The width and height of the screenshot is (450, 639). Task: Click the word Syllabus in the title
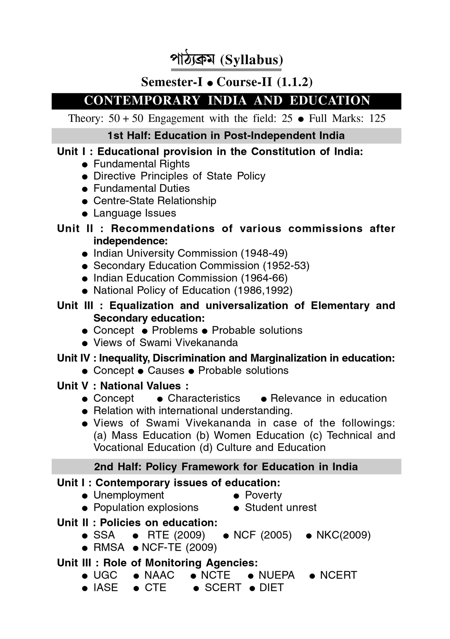click(x=251, y=60)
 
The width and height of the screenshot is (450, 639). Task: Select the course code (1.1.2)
click(x=295, y=82)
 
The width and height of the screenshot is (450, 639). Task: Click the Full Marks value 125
click(x=377, y=118)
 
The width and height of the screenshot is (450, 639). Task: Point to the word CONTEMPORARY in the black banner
click(x=142, y=101)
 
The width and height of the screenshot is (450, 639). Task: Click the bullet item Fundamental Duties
click(x=141, y=188)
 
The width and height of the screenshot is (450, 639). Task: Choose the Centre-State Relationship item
click(x=154, y=201)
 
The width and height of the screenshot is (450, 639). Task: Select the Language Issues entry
click(x=134, y=213)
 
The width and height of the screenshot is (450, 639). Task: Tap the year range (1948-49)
click(x=264, y=253)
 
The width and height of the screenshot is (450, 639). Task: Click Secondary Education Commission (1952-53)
click(x=201, y=265)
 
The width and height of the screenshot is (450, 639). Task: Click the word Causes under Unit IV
click(x=166, y=370)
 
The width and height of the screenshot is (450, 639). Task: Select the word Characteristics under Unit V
click(x=204, y=398)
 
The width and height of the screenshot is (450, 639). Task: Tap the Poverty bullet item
click(x=263, y=495)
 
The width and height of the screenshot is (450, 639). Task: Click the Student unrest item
click(x=280, y=507)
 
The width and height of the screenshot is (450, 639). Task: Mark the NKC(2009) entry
click(x=343, y=535)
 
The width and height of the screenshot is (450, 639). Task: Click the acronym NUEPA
click(x=276, y=575)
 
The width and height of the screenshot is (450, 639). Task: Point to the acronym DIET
click(x=271, y=587)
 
